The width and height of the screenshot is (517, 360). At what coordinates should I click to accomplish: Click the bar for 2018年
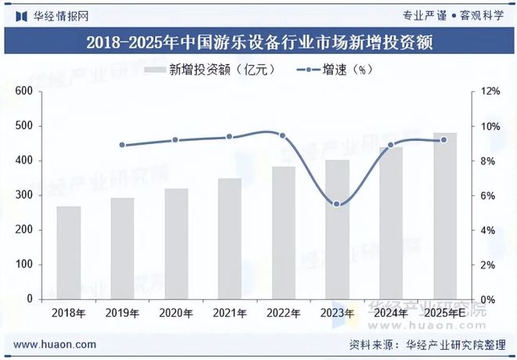[68, 253]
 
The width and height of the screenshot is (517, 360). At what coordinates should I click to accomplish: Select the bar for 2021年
[230, 239]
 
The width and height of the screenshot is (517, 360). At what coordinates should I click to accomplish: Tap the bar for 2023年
[337, 229]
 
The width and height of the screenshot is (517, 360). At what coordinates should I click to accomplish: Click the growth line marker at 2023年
[337, 204]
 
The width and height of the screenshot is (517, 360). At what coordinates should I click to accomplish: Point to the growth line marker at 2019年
[122, 145]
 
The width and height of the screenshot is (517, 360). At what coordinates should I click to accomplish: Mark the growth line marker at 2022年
[283, 135]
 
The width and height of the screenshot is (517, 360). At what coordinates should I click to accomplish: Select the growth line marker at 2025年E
[444, 140]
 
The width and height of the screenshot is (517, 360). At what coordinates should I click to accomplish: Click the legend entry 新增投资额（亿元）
[210, 70]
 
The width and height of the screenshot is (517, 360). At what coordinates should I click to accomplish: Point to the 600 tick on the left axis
[25, 92]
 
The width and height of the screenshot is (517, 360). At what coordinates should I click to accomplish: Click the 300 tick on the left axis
[25, 196]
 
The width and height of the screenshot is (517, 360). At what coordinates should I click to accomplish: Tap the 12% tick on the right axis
[490, 92]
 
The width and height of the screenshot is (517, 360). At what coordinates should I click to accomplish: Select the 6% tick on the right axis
[490, 196]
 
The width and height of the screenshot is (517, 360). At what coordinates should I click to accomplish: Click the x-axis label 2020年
[175, 313]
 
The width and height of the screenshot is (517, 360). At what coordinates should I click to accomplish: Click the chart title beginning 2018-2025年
[258, 41]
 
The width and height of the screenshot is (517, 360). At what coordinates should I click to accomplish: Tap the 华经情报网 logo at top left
[51, 15]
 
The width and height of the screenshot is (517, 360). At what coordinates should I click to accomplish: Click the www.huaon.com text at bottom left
[56, 344]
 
